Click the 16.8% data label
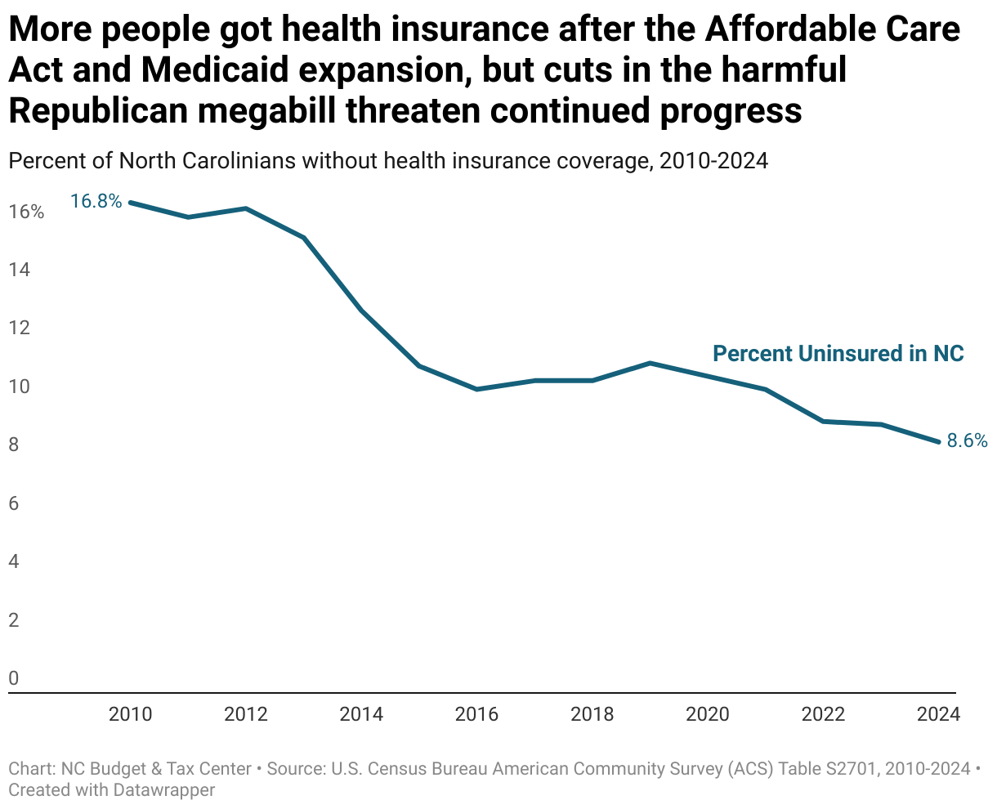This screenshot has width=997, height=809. pos(96,200)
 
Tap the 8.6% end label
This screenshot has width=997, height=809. pos(967,440)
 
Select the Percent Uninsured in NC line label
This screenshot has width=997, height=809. pos(838,353)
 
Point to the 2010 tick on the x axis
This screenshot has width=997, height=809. pos(130,714)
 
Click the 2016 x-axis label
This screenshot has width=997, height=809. pos(476,714)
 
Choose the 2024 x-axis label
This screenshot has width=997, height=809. pos(938,714)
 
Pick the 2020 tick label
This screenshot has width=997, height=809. pos(708,714)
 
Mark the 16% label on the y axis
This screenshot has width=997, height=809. pos(26,212)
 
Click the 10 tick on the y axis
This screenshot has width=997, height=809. pos(19,387)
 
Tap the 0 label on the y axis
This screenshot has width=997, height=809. pos(14,678)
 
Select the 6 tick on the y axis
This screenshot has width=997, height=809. pos(14,503)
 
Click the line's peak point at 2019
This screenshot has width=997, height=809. pos(650,363)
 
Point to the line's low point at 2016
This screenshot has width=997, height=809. pos(476,389)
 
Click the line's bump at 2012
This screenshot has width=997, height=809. pos(246,208)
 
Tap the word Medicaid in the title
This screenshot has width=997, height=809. pos(215,70)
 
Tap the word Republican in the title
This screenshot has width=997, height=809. pos(96,110)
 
